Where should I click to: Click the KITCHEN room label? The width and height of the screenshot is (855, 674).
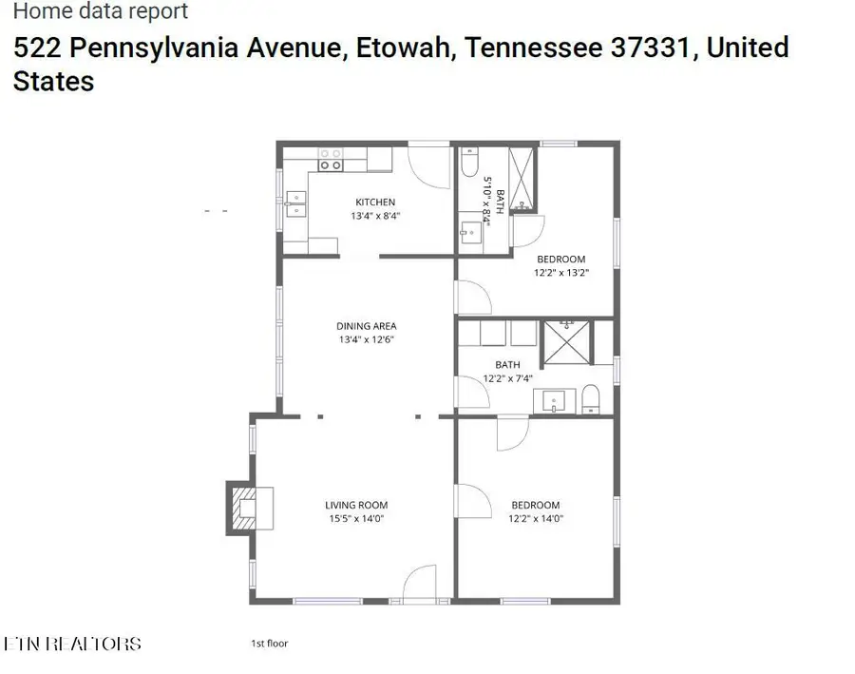coord(375,202)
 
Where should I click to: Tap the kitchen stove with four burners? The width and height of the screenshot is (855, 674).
coord(330,159)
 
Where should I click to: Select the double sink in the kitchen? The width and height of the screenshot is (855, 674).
coord(295,202)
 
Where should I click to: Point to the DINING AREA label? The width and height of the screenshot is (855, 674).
coord(367,326)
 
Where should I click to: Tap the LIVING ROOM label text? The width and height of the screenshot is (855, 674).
coord(356,505)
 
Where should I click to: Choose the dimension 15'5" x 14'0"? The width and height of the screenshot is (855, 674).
coord(356,519)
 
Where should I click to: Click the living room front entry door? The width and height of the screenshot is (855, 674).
coord(418,582)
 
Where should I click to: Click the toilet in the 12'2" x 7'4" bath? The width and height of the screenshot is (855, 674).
coord(590,399)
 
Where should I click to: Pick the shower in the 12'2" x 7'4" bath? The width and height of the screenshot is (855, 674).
coord(567,341)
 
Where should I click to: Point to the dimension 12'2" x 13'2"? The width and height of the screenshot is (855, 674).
coord(560,273)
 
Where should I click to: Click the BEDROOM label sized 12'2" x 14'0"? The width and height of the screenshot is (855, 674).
coord(536,505)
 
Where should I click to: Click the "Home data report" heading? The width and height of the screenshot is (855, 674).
coord(101,11)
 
